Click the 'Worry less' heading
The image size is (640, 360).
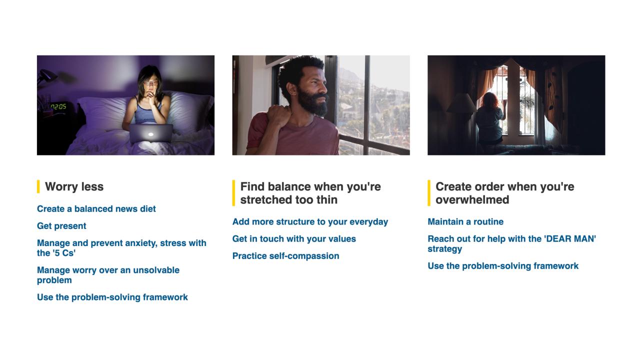click(74, 186)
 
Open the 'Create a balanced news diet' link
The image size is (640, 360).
click(96, 209)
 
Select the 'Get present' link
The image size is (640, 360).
click(61, 226)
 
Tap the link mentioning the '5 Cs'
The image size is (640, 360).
click(121, 248)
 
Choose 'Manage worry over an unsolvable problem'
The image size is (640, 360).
click(108, 275)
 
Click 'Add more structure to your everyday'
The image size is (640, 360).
click(310, 221)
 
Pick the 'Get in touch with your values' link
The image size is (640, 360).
click(294, 239)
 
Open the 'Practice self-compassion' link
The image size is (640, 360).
click(285, 256)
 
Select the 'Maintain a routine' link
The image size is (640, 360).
click(465, 221)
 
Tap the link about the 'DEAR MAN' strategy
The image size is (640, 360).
click(511, 243)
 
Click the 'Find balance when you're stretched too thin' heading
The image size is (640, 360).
click(310, 193)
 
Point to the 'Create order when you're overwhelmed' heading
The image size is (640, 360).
click(505, 193)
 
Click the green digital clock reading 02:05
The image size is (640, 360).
click(58, 107)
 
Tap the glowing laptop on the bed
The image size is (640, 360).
click(150, 133)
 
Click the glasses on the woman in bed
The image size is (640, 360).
click(150, 83)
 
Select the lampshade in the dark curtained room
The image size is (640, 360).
click(461, 103)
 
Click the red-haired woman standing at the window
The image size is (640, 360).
click(489, 118)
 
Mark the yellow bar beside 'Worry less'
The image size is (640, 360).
click(38, 186)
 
